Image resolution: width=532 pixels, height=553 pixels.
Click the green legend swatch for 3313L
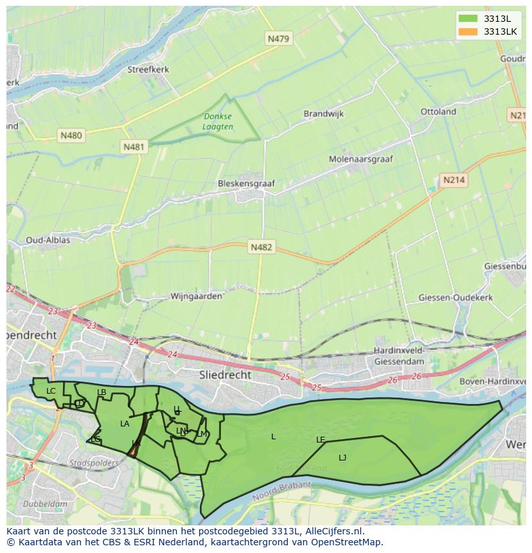tap(468, 19)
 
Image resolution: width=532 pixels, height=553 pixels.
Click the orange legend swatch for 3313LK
tap(468, 31)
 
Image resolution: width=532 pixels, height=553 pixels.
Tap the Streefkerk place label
tap(147, 69)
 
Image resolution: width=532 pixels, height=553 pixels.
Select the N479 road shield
tap(278, 39)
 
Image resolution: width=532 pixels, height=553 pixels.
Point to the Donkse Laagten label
tap(218, 121)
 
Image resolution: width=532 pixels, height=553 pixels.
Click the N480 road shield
tap(71, 136)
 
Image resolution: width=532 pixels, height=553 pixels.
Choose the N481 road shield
tap(134, 147)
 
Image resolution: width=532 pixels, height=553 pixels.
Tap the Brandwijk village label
tap(323, 114)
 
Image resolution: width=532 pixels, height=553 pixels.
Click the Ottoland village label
tap(438, 112)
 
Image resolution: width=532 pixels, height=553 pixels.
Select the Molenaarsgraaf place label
tap(360, 159)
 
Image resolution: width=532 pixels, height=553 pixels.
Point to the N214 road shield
tap(454, 180)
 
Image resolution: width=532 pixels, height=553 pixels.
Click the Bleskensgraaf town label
tap(246, 184)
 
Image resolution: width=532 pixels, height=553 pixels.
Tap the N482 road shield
tap(262, 247)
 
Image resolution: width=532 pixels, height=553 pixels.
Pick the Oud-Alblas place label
tap(48, 240)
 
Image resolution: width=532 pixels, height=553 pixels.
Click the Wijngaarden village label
tap(196, 296)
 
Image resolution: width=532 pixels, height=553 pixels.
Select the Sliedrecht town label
tap(226, 374)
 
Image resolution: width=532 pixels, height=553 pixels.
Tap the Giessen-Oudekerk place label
tap(456, 297)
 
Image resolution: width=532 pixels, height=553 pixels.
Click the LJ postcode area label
tap(342, 458)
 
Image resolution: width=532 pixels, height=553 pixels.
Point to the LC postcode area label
tap(51, 391)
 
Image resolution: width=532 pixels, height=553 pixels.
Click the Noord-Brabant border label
tap(281, 492)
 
